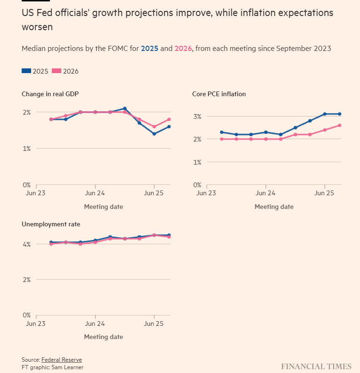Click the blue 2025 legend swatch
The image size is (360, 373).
[26, 71]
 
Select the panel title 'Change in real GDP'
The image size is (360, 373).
[50, 94]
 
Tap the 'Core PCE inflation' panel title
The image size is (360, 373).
[219, 94]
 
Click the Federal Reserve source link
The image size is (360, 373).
[61, 360]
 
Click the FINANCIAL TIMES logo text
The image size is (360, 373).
[316, 366]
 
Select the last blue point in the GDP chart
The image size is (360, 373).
[169, 126]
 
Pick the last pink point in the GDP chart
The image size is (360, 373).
[169, 119]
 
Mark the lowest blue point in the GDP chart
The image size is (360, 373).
[154, 134]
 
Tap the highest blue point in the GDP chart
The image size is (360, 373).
[125, 108]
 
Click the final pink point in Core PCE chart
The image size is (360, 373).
[339, 125]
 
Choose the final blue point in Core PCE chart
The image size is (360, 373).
[339, 114]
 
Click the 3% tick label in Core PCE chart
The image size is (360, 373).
[197, 116]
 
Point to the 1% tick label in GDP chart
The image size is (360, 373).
[26, 149]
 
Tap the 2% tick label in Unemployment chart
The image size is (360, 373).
[26, 280]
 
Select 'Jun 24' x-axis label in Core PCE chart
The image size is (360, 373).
[266, 193]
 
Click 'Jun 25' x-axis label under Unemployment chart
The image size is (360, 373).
[154, 324]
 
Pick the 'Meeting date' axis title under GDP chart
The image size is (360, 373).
[103, 207]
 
